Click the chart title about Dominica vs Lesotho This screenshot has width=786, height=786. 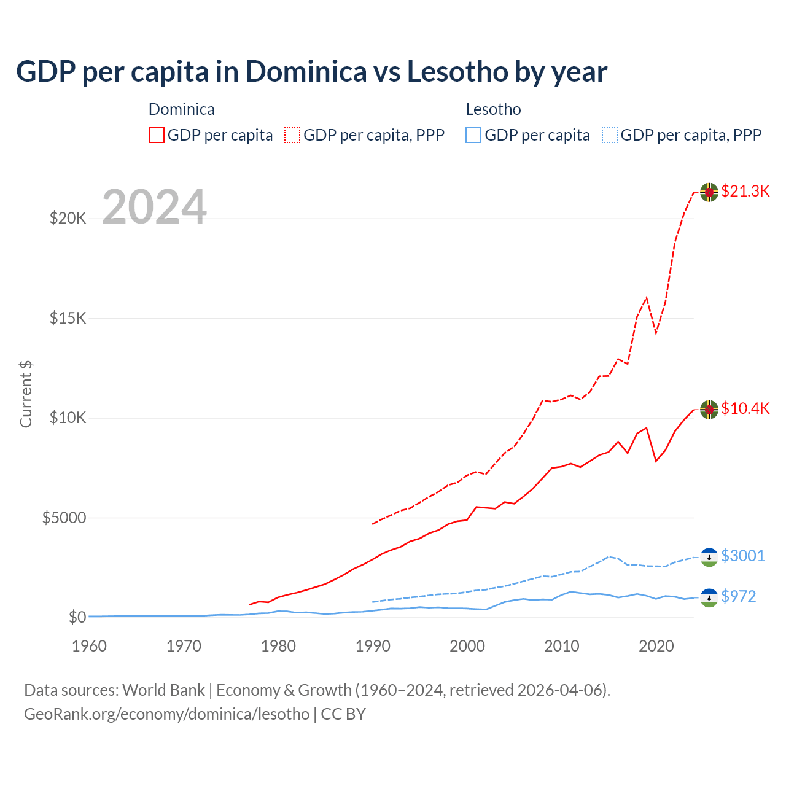point(311,72)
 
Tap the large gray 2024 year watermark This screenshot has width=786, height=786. point(154,207)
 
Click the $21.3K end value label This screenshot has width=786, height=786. point(745,191)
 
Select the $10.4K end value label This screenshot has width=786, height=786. point(745,408)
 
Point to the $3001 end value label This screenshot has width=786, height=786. point(742,556)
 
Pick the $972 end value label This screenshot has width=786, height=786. point(738,596)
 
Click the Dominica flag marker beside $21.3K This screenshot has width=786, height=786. point(709,192)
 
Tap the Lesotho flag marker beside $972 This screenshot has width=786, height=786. point(709,597)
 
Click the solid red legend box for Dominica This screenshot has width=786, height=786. point(157,135)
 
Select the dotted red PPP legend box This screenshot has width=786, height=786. point(292,135)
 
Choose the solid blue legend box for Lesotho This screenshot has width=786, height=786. point(473,135)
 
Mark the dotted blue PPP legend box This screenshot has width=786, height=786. point(610,135)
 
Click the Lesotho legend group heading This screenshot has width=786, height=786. point(493,109)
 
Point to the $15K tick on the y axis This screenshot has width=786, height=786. point(68,318)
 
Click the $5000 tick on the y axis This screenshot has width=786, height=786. point(64,518)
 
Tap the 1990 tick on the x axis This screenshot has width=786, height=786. point(373,646)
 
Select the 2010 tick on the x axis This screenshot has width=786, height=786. point(562,646)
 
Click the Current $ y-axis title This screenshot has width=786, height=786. point(26,394)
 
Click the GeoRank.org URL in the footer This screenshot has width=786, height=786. point(166,714)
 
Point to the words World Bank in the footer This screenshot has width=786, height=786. point(163,690)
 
